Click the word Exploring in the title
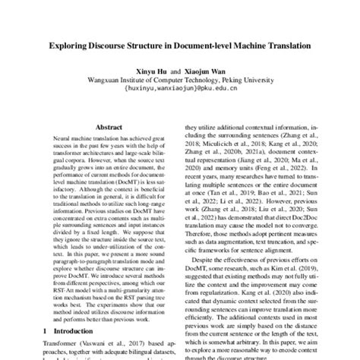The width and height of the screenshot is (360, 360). click(72, 46)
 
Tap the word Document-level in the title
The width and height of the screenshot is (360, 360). click(213, 46)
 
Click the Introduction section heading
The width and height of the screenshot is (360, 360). click(82, 333)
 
